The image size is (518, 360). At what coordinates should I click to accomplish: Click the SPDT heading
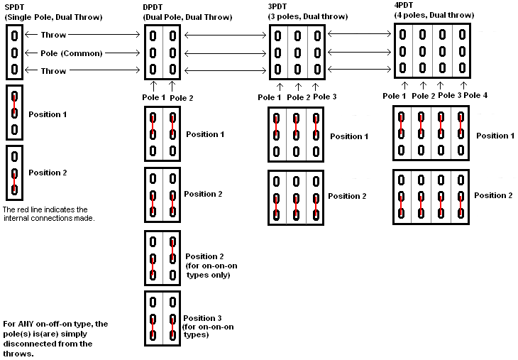(x=15, y=7)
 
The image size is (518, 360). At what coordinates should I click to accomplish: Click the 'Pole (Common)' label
(x=72, y=53)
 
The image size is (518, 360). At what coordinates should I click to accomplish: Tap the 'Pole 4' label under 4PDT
(x=475, y=95)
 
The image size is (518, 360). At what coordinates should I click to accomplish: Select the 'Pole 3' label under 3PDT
(x=324, y=97)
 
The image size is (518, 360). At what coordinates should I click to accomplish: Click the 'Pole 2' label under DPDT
(x=182, y=97)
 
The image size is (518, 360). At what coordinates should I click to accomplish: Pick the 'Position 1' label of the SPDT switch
(x=48, y=114)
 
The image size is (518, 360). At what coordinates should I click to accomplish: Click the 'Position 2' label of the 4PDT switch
(x=493, y=195)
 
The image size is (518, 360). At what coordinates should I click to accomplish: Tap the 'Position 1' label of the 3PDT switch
(x=349, y=136)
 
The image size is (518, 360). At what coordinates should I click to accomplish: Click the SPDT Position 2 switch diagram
(x=14, y=172)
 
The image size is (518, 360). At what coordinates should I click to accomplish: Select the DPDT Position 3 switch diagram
(x=162, y=318)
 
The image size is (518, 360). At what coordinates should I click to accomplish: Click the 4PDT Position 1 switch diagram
(x=431, y=133)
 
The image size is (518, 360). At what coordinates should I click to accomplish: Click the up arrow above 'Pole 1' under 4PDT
(x=401, y=86)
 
